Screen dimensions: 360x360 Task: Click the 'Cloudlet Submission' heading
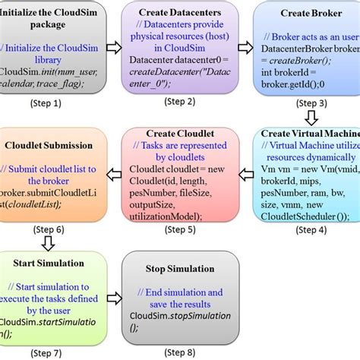point(49,144)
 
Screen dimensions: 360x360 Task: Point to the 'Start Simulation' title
point(49,264)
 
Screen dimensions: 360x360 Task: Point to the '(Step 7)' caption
point(47,352)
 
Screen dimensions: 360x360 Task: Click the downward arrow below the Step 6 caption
point(47,243)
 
